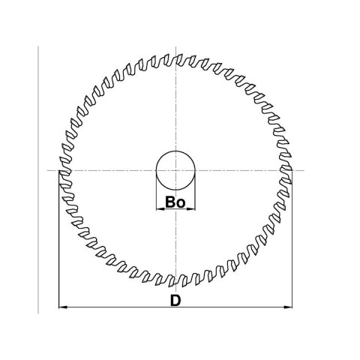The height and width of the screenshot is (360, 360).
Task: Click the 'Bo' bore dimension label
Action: click(175, 202)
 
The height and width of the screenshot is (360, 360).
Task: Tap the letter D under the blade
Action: click(175, 300)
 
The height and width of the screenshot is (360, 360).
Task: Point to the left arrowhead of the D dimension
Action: click(62, 307)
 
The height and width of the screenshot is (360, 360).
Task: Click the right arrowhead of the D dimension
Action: click(289, 307)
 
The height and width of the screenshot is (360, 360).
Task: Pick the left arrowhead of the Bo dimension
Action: click(158, 209)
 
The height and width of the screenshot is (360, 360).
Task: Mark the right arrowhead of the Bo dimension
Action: click(193, 209)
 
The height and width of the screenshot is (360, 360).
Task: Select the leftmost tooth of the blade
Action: click(61, 171)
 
